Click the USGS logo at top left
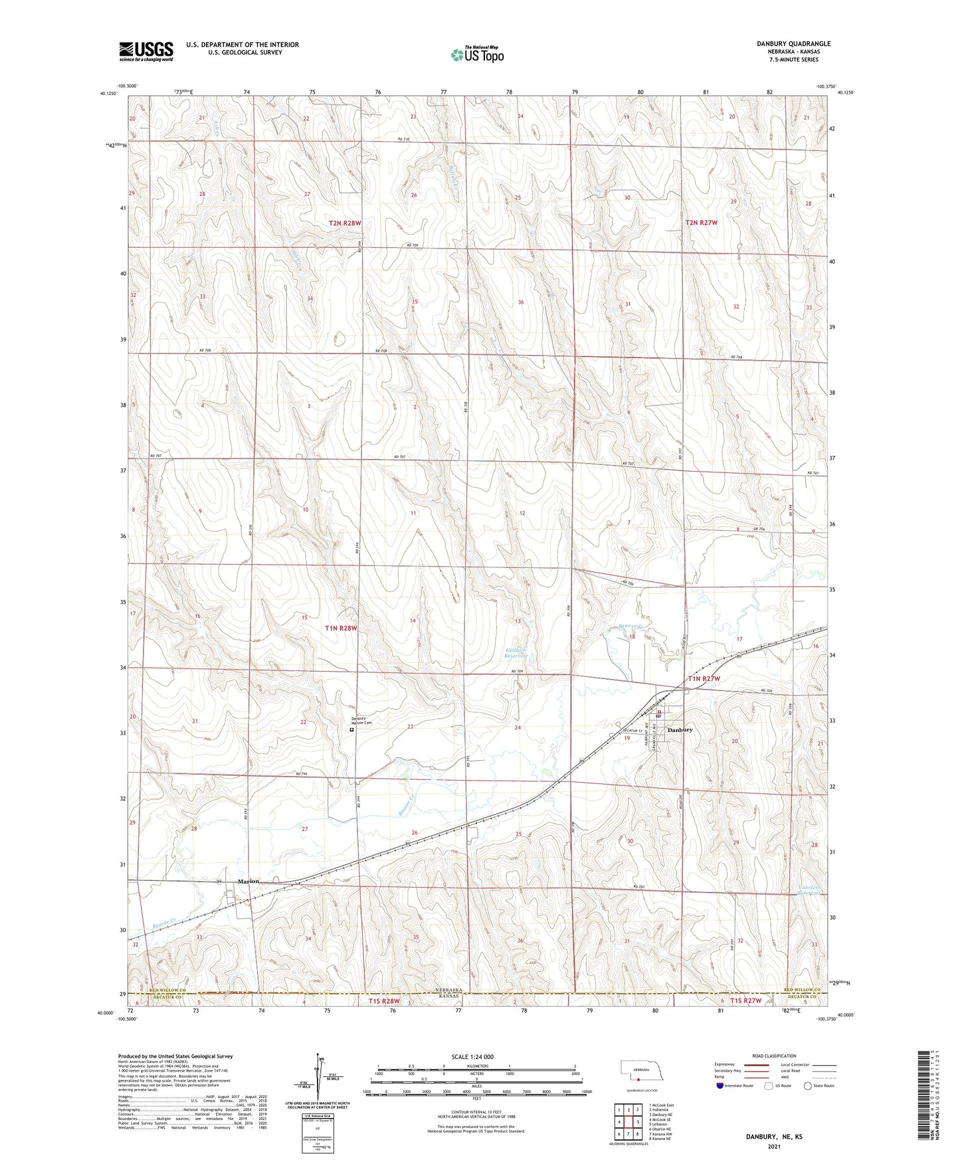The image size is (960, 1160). pos(145,50)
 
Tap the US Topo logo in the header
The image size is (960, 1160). pos(477,54)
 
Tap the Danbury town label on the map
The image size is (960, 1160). pos(680,729)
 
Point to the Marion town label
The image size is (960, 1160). pos(248,881)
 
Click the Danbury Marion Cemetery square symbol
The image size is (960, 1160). pos(352,729)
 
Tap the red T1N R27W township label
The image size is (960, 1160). pos(703,678)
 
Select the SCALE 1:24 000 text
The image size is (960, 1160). pos(472,1056)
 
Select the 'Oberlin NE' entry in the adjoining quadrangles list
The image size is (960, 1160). pos(660,1129)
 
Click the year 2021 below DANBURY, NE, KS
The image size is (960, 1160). pos(773,1146)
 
